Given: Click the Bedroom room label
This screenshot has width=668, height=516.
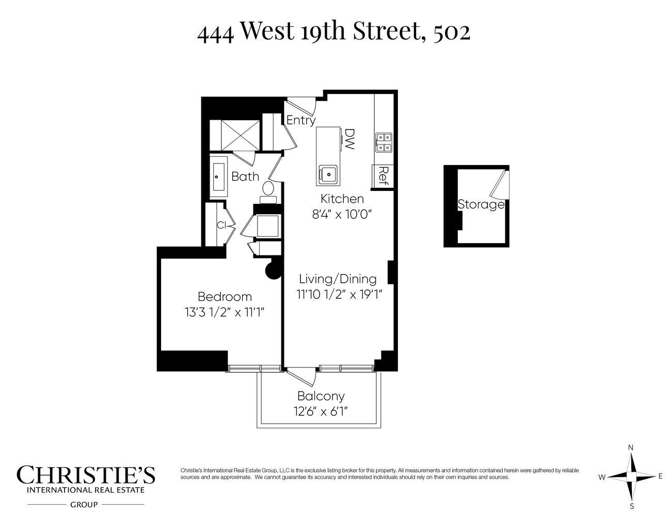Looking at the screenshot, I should point(225,297).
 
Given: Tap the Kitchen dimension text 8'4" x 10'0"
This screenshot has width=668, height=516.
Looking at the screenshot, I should point(342,214).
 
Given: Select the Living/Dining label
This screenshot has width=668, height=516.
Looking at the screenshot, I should point(338,279).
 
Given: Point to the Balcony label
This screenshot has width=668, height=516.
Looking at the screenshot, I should point(321,396).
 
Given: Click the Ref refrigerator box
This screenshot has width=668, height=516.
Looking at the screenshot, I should point(383,176).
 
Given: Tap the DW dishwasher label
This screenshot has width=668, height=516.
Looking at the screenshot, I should point(349,139).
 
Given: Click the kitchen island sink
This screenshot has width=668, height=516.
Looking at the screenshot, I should point(327,173).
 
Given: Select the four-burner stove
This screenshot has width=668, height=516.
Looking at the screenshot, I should point(384,142).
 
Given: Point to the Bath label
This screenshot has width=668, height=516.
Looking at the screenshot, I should point(245,176).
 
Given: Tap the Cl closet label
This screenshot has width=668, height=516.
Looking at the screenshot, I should point(222,225).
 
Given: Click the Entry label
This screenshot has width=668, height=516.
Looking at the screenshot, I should point(301,120).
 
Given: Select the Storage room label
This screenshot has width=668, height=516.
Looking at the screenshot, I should point(481,204).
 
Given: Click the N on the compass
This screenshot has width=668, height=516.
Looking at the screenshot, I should point(630,447).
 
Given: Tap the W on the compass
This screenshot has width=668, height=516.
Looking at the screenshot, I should point(602,477).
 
